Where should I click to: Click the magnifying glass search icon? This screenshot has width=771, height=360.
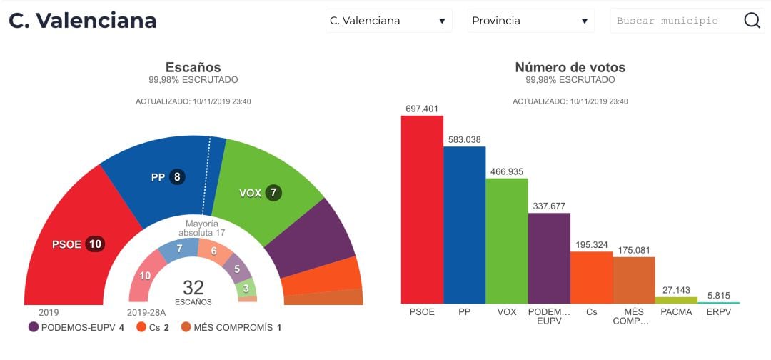click(752, 21)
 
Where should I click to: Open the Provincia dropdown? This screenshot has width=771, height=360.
click(530, 21)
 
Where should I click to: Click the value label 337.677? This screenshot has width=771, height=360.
click(549, 206)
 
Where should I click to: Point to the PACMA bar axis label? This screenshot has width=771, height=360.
click(676, 311)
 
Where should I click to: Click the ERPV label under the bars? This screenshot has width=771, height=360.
click(718, 311)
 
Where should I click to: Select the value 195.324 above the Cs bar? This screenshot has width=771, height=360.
click(591, 245)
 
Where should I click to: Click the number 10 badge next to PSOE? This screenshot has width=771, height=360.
click(95, 244)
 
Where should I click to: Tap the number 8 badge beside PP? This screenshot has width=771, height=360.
click(176, 177)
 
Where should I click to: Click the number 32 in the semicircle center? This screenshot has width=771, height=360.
click(193, 288)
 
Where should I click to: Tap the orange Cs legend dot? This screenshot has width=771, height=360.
click(142, 327)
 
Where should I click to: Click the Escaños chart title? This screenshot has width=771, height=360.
click(193, 67)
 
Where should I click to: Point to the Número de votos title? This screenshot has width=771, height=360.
click(570, 67)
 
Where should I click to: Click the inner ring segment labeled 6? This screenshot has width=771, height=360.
click(213, 251)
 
